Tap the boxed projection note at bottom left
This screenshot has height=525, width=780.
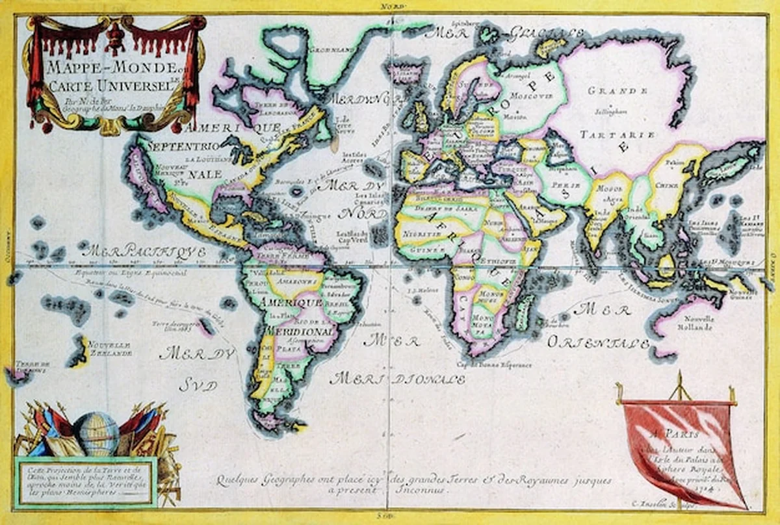click(85, 481)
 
